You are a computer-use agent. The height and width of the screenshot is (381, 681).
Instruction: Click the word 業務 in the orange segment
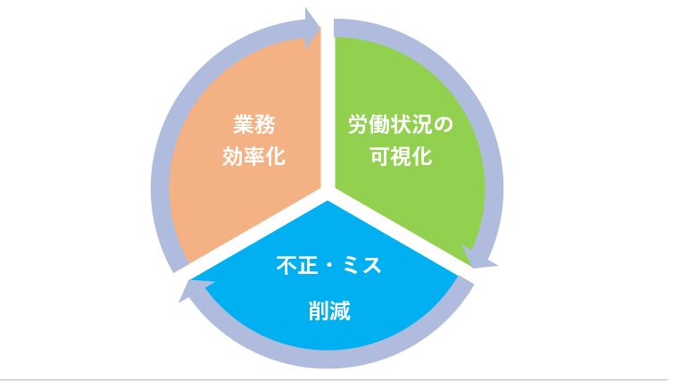tap(254, 125)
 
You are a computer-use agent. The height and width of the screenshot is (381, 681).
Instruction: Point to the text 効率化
tap(254, 156)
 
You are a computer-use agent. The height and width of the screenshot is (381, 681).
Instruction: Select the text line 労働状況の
tap(401, 125)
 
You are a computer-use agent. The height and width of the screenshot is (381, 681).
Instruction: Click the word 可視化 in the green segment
tap(401, 156)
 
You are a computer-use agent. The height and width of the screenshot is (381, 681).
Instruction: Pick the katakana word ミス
tap(361, 265)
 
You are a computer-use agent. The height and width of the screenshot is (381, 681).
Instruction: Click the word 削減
tap(329, 311)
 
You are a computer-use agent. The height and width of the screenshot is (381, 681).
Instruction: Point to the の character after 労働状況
tap(444, 125)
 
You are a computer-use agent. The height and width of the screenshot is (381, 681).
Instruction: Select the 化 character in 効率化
tap(276, 156)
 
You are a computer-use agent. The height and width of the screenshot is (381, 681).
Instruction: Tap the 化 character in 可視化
tap(422, 156)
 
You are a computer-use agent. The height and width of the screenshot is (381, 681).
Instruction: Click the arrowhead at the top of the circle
tap(311, 28)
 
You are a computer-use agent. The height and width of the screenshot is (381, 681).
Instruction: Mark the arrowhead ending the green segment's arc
tap(478, 258)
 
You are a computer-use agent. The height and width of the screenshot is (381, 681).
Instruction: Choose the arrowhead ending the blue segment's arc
tap(194, 290)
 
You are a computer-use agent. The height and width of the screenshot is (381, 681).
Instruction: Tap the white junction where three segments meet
tap(328, 194)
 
